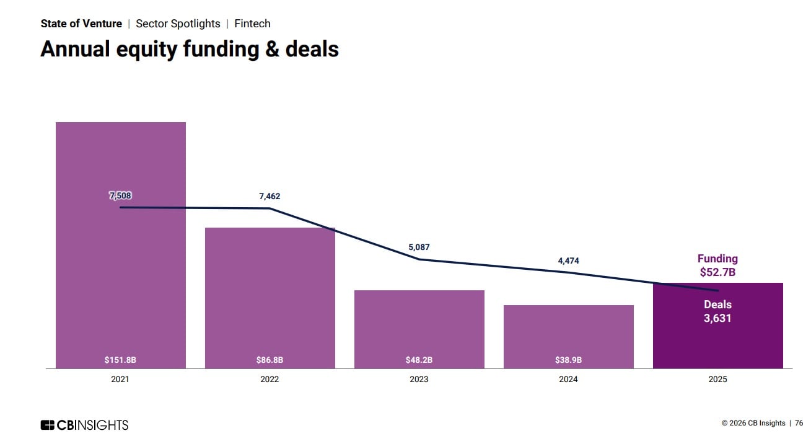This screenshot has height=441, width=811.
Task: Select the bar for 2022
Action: (x=270, y=298)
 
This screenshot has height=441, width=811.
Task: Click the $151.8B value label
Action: (x=120, y=360)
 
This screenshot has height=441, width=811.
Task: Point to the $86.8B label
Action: (x=270, y=360)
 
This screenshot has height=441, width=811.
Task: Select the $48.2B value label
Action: (x=419, y=360)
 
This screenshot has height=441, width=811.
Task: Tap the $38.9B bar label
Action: (x=568, y=360)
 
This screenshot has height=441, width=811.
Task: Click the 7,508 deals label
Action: (x=120, y=195)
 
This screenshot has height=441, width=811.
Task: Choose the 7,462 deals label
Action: (x=270, y=197)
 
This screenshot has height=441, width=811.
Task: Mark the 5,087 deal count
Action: (x=419, y=247)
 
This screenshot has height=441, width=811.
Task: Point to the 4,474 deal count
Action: (x=568, y=261)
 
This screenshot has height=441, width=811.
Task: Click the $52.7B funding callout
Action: (x=717, y=272)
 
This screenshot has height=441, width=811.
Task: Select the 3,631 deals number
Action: (x=717, y=318)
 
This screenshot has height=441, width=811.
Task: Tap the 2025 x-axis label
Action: (x=717, y=380)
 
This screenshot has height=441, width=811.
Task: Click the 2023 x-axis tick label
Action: (x=419, y=380)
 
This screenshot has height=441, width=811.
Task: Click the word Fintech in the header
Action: (x=252, y=24)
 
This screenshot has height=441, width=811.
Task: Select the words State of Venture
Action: (x=81, y=24)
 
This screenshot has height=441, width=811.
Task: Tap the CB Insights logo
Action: (x=84, y=425)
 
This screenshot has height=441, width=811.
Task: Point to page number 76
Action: (x=799, y=423)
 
